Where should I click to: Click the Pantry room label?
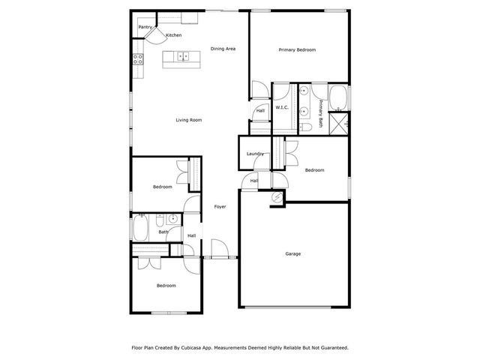tap(145, 27)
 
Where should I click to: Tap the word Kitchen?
tap(173, 35)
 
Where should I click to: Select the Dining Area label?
tap(223, 49)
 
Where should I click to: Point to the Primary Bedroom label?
tap(297, 49)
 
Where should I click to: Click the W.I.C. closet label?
tap(282, 107)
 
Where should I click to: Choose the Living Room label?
tap(189, 120)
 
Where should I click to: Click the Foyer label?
tap(220, 206)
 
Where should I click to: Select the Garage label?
tap(293, 253)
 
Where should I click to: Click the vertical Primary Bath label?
tap(320, 112)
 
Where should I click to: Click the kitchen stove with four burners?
tap(139, 58)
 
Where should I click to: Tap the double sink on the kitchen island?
tap(181, 55)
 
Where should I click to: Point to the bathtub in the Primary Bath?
tap(338, 97)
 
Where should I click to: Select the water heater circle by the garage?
tap(277, 197)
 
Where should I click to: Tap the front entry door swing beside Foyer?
tap(220, 247)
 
